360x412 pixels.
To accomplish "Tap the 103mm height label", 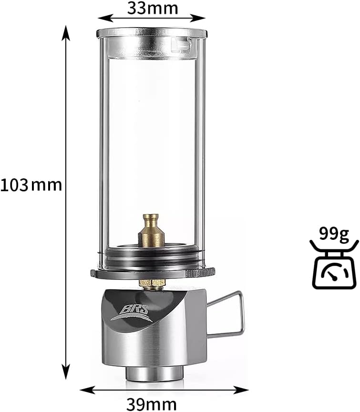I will pyautogui.click(x=31, y=185).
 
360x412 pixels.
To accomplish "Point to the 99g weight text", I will pyautogui.click(x=334, y=234).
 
